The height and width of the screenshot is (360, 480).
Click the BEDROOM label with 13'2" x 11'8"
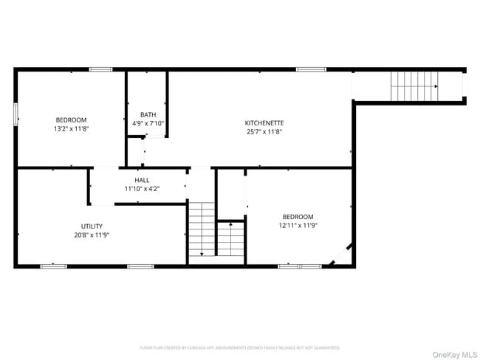pyautogui.click(x=71, y=120)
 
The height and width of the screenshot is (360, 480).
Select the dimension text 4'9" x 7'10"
pyautogui.click(x=148, y=123)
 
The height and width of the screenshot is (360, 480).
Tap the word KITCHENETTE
pyautogui.click(x=264, y=122)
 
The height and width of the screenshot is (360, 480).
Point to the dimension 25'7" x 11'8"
pyautogui.click(x=264, y=132)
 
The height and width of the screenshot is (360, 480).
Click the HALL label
pyautogui.click(x=142, y=180)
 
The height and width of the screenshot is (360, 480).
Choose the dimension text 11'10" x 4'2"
pyautogui.click(x=142, y=189)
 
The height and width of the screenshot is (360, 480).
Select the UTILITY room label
pyautogui.click(x=92, y=226)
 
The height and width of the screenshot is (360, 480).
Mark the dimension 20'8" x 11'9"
pyautogui.click(x=92, y=235)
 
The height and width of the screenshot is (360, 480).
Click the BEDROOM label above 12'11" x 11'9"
pyautogui.click(x=298, y=216)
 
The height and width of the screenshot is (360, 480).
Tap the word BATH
pyautogui.click(x=148, y=114)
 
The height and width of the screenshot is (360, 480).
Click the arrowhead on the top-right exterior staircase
pyautogui.click(x=436, y=86)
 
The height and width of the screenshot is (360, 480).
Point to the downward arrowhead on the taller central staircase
pyautogui.click(x=201, y=253)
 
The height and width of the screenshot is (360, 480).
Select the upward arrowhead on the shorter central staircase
pyautogui.click(x=230, y=221)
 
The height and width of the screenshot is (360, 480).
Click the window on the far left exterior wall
pyautogui.click(x=16, y=114)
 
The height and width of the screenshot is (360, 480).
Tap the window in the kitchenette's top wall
pyautogui.click(x=311, y=69)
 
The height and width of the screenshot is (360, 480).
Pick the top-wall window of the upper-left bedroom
pyautogui.click(x=100, y=69)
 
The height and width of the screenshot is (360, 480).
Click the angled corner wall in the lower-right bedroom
pyautogui.click(x=340, y=255)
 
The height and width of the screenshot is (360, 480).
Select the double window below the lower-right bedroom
pyautogui.click(x=299, y=266)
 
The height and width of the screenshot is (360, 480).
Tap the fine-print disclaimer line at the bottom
pyautogui.click(x=240, y=347)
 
